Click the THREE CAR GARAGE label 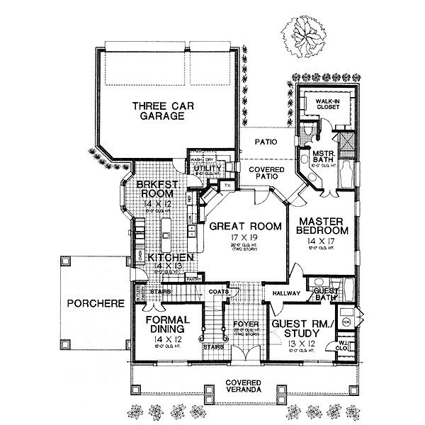[x=153, y=112]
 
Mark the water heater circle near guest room [x=346, y=321]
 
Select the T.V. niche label [x=228, y=185]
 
